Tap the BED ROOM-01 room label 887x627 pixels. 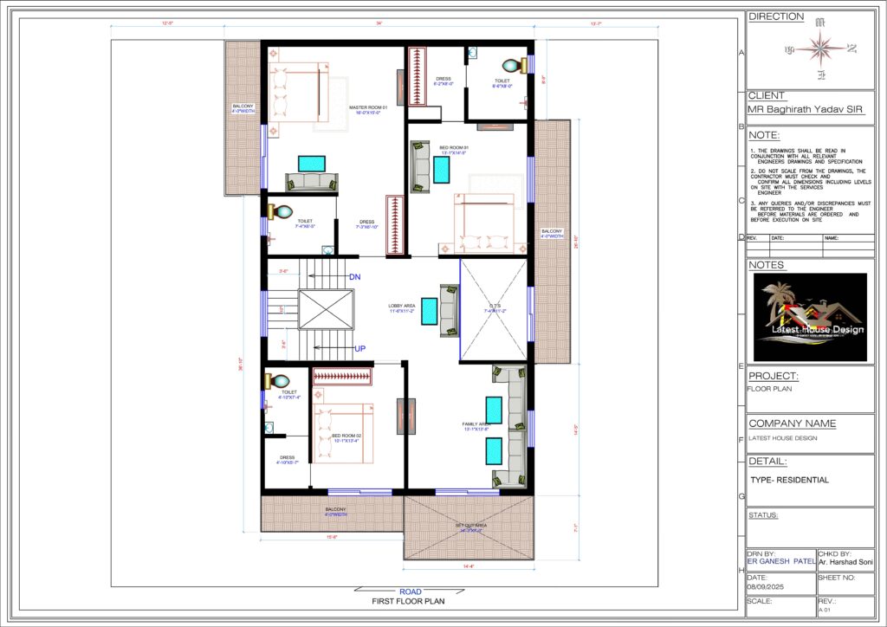click(x=452, y=151)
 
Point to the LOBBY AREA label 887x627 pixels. click(x=401, y=307)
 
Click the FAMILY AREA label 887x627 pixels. click(x=476, y=425)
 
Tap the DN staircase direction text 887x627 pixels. click(x=354, y=277)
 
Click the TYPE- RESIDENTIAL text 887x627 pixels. click(x=789, y=480)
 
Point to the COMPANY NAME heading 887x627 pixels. click(x=792, y=423)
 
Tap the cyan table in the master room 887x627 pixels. click(x=312, y=163)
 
